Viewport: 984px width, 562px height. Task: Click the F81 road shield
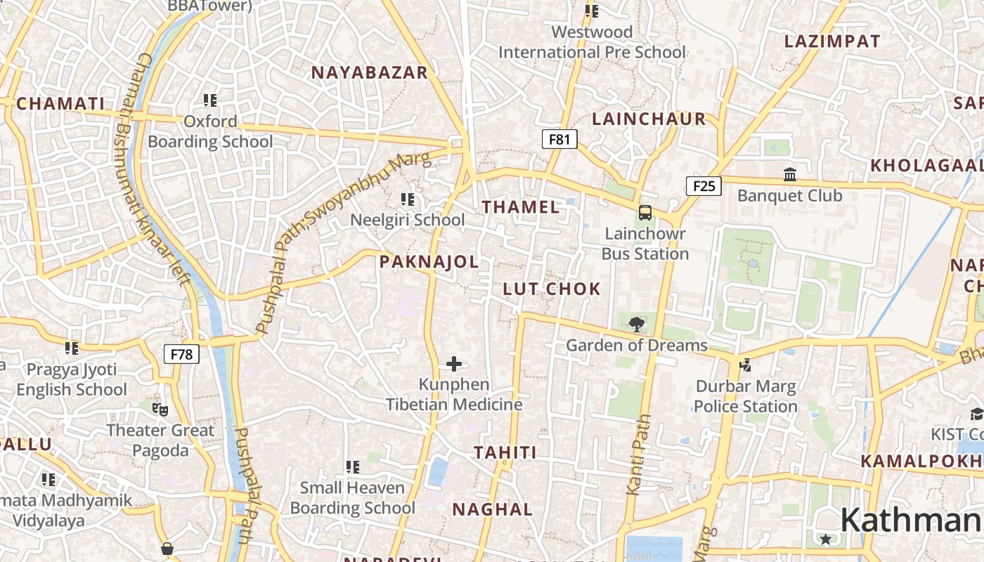tap(559, 139)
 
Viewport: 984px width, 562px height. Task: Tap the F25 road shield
tap(704, 186)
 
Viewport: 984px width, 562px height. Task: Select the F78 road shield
tap(181, 354)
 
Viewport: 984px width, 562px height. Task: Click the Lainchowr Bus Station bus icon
tap(645, 212)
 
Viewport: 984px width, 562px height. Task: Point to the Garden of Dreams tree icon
tap(636, 324)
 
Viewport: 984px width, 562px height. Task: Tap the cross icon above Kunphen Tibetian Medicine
tap(454, 364)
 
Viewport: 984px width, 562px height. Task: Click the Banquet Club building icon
tap(789, 174)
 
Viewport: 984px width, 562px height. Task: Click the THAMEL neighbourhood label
tap(521, 207)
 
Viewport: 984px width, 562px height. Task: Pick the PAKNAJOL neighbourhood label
tap(429, 263)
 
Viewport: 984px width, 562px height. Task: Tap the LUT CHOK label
tap(552, 289)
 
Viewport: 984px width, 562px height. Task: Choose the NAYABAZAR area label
tap(369, 72)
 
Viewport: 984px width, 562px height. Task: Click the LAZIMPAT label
tap(832, 41)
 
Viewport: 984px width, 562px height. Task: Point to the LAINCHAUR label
tap(649, 119)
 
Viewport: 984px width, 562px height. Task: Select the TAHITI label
tap(505, 452)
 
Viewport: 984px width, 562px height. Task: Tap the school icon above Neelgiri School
tap(407, 200)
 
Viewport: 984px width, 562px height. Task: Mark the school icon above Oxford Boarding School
tap(209, 100)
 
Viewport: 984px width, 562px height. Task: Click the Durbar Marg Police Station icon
tap(745, 365)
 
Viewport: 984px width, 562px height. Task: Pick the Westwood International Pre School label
tap(592, 42)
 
